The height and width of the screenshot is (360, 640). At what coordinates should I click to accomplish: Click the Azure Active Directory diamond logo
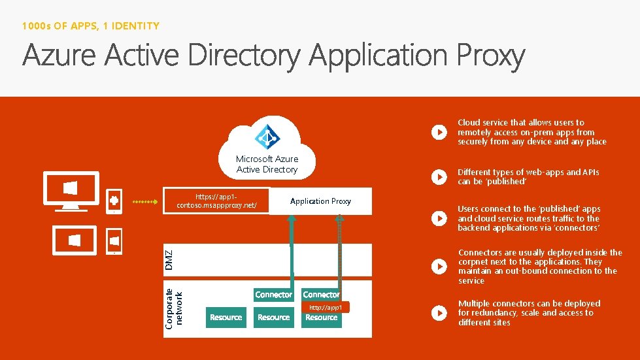(267, 136)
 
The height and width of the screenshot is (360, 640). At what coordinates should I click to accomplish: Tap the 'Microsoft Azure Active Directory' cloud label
(267, 164)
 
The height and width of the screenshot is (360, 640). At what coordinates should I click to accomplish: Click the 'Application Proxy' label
(320, 201)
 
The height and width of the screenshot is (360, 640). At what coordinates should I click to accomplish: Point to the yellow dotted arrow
(145, 201)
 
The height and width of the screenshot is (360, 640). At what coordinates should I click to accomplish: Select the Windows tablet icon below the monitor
(75, 240)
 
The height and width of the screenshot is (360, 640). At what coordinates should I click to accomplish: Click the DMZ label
(169, 259)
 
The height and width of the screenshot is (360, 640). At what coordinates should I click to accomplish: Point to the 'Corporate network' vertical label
(173, 308)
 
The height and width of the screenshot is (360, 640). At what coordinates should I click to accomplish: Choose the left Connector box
(273, 295)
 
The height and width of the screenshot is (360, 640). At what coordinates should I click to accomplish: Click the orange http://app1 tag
(326, 307)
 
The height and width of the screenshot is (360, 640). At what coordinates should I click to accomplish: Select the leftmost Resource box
(226, 318)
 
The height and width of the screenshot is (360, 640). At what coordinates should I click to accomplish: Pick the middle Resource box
(273, 318)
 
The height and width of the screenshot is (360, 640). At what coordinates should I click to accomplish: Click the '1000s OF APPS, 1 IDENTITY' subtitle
(90, 26)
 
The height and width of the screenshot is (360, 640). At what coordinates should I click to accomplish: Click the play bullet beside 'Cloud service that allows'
(438, 132)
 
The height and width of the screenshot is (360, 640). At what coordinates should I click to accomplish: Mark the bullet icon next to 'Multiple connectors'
(438, 313)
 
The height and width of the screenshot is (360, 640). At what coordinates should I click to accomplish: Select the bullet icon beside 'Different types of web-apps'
(438, 177)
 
